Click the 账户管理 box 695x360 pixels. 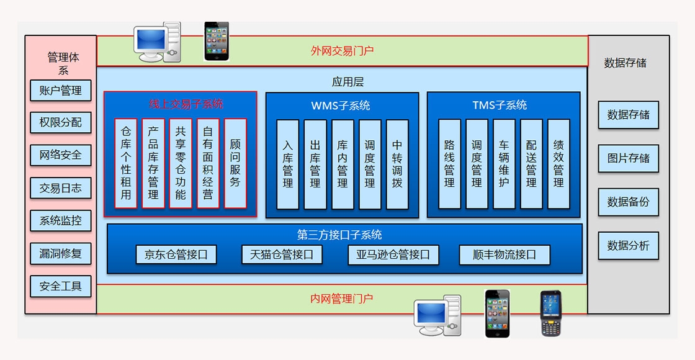tap(61, 91)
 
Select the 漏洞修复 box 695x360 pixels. tap(61, 253)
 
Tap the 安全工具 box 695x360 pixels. tap(61, 286)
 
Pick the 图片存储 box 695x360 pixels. tap(628, 158)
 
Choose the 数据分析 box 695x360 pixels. tap(628, 246)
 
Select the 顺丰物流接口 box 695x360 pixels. tap(504, 254)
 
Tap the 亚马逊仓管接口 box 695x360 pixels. tap(393, 254)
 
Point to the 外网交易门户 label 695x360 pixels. tap(342, 51)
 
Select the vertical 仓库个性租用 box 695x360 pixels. tap(126, 163)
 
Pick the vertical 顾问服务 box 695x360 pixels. tap(235, 163)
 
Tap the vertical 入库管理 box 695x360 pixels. tap(288, 164)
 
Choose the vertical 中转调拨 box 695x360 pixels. tap(397, 164)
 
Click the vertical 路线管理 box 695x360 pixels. tap(449, 164)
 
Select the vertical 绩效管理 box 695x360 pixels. tap(558, 164)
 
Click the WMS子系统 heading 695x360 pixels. tap(341, 106)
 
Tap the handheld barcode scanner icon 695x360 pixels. tap(550, 313)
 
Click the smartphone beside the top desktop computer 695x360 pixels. tap(217, 41)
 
